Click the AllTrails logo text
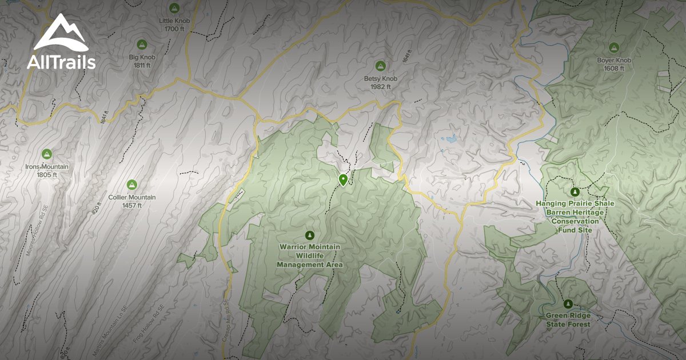[x=61, y=62]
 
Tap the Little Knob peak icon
[x=174, y=9]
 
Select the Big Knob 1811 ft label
[x=142, y=61]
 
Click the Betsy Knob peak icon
[x=380, y=66]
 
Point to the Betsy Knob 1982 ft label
[x=380, y=82]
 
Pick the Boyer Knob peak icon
[x=614, y=47]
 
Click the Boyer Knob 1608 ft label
[x=614, y=64]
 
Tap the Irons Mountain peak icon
[x=47, y=154]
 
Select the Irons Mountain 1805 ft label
[x=47, y=170]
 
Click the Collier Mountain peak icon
[x=132, y=184]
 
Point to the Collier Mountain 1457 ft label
[x=132, y=201]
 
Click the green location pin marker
[x=343, y=180]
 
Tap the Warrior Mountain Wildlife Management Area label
[x=310, y=255]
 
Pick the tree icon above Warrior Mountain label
[x=310, y=235]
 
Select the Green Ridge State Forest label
[x=568, y=320]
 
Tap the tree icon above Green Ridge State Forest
[x=568, y=303]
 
